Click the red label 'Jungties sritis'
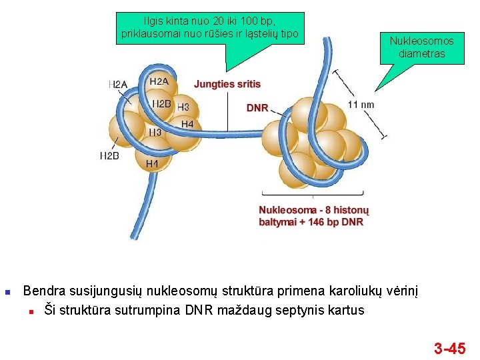pos(227,84)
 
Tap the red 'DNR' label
pos(257,107)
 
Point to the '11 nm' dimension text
pos(361,104)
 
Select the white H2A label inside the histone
pos(159,81)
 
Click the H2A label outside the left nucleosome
pos(117,85)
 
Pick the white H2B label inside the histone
pos(161,103)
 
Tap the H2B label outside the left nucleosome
pos(109,155)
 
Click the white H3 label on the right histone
pos(183,107)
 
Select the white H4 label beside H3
pos(187,124)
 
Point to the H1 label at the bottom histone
pos(152,163)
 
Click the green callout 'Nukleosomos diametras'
pos(421,47)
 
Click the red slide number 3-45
pos(449,347)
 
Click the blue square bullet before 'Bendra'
pos(7,291)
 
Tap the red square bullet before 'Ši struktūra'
pos(32,311)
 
